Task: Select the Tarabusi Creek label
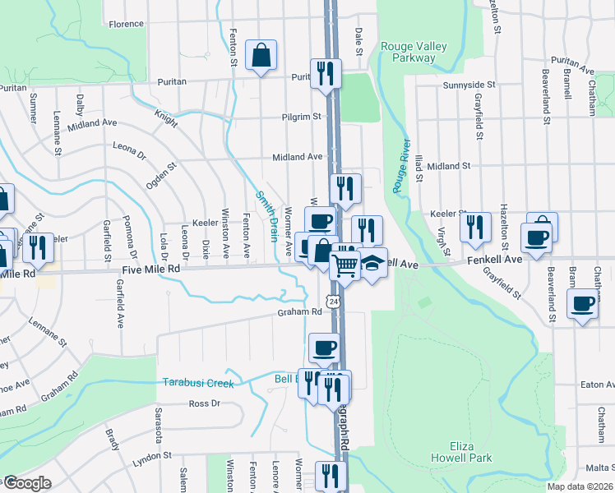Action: (x=198, y=383)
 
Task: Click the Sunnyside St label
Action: (x=469, y=85)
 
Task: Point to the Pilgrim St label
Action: (x=300, y=117)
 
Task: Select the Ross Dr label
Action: (x=205, y=403)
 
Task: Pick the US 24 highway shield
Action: (x=333, y=302)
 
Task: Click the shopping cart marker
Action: (x=345, y=265)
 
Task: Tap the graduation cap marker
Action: (x=372, y=263)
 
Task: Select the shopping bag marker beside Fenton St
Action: (x=261, y=56)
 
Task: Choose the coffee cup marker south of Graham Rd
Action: (x=324, y=347)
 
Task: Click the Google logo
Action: (x=26, y=483)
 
